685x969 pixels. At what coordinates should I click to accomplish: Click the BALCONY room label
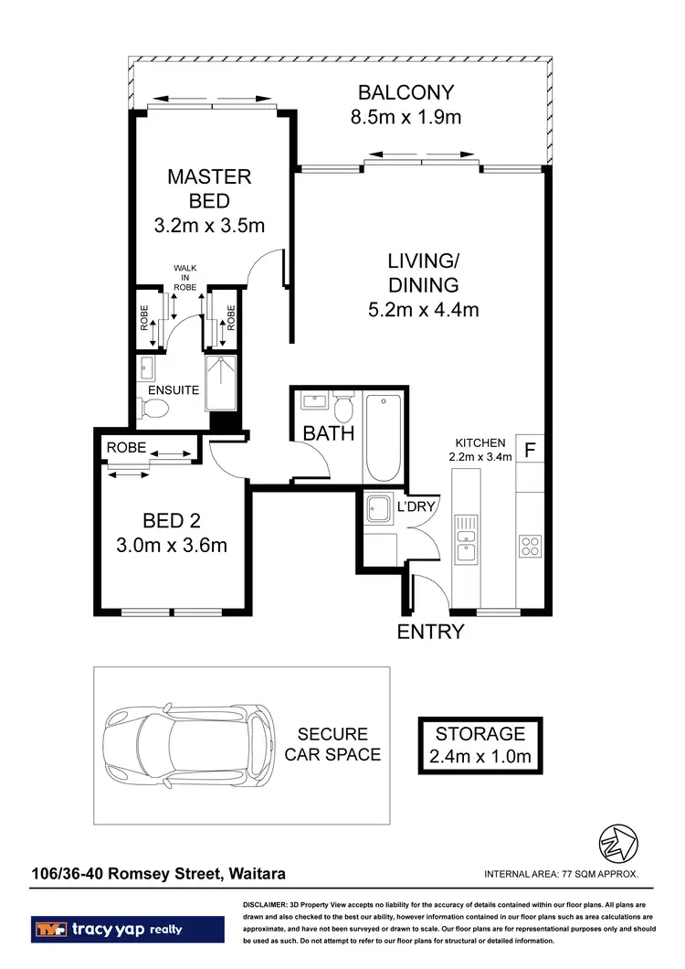point(406,92)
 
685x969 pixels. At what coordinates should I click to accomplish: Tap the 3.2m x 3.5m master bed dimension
point(209,225)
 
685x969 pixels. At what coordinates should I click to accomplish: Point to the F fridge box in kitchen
point(530,450)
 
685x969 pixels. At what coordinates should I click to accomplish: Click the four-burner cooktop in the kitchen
point(531,546)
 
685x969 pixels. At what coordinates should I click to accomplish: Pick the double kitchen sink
point(467,546)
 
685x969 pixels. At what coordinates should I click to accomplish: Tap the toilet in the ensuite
point(150,414)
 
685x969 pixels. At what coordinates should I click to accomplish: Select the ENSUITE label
point(174,389)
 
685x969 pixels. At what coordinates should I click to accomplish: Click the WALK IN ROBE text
point(185,277)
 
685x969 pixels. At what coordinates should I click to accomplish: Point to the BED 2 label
point(172,522)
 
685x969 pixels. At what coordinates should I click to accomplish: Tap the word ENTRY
point(430,632)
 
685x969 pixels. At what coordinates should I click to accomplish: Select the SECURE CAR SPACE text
point(332,744)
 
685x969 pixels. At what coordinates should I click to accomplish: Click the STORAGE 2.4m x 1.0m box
point(479,744)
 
